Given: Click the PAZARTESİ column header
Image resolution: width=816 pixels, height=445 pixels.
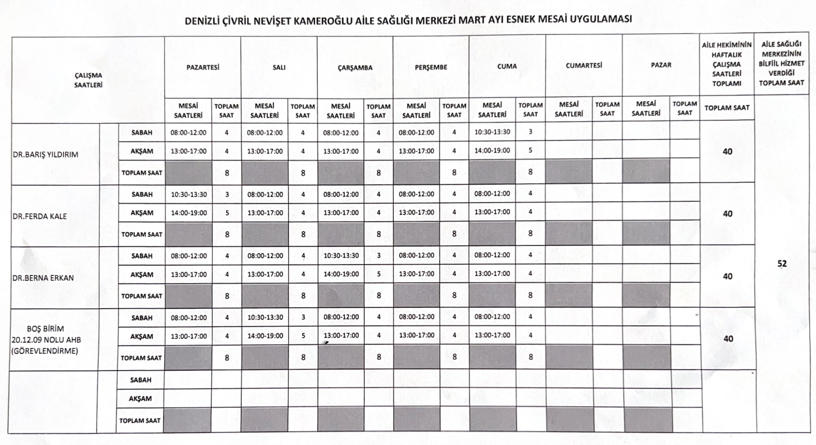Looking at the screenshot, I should point(202,66).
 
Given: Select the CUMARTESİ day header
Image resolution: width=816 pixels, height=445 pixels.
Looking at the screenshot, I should point(583,66).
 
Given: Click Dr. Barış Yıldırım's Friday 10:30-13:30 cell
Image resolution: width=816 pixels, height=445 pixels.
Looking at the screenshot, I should point(492,132).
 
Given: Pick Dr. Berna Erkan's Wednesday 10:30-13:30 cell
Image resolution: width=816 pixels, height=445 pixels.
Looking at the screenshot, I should point(340,255).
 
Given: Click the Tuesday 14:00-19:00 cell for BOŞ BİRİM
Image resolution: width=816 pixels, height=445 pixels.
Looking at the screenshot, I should point(264,335).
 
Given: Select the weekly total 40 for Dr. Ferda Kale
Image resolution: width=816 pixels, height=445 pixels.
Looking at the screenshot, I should point(727,214).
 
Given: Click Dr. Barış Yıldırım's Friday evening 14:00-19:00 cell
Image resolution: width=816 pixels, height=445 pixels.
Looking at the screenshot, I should point(492,150).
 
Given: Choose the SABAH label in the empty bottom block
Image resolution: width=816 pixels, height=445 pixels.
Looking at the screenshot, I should point(141,380).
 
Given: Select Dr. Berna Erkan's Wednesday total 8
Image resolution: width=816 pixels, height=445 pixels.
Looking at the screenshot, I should point(378,295).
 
